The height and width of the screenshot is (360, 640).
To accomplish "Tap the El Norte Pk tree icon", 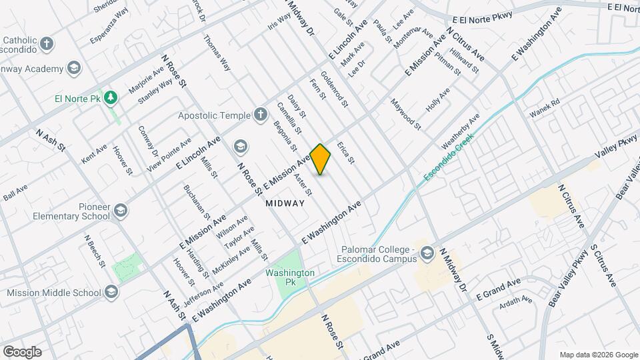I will click(111, 98).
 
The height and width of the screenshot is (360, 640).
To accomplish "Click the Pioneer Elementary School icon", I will click(121, 211).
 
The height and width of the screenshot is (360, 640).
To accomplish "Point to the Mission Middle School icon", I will click(111, 292).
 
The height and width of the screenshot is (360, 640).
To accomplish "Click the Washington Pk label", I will click(289, 277).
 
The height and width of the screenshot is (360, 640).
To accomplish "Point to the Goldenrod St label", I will click(335, 89).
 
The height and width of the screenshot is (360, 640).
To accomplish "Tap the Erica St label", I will click(345, 153).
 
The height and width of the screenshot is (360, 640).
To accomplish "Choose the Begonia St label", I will click(285, 136).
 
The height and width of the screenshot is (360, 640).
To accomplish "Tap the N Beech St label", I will click(95, 250).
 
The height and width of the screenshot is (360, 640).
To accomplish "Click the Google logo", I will click(22, 351).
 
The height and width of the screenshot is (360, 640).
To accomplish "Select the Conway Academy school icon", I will click(74, 67).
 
